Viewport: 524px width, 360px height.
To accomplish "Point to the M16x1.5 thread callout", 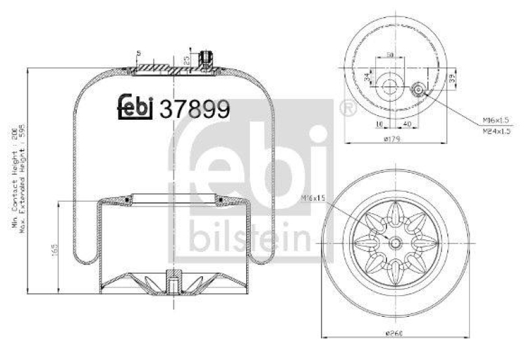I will click(496, 120).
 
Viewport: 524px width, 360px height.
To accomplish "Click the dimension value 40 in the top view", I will click(407, 122).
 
